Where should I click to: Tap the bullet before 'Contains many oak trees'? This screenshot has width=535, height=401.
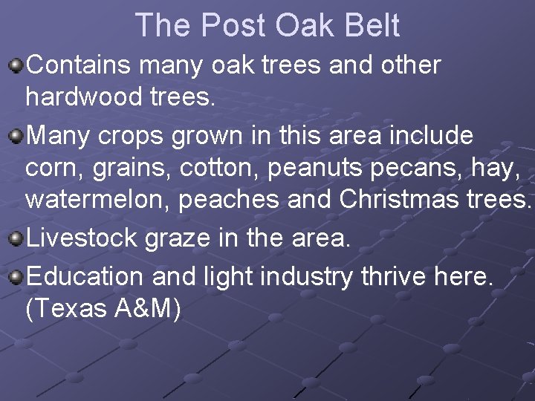(16, 68)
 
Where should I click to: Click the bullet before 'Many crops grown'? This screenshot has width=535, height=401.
(16, 137)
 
